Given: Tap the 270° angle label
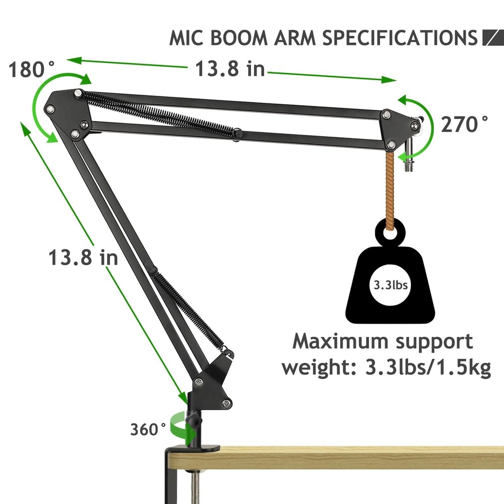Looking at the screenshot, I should [465, 123].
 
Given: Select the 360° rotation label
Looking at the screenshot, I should [148, 429].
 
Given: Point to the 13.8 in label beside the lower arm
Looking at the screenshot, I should [83, 258].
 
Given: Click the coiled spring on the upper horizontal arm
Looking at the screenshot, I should [161, 113].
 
